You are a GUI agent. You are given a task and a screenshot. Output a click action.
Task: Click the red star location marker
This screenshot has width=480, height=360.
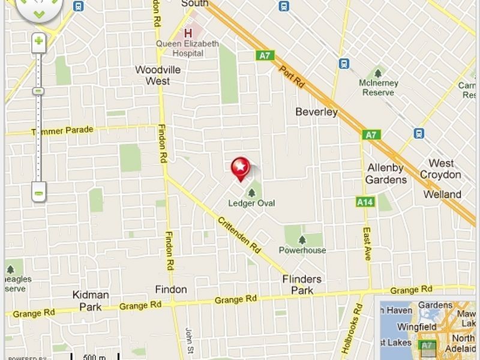[x=240, y=166]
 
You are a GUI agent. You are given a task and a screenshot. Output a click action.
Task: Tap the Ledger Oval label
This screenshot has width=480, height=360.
[x=251, y=203]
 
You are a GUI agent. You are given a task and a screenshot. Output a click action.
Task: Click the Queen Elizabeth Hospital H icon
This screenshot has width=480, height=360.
[x=189, y=33]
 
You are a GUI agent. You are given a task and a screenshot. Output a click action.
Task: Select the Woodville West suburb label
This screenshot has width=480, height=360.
[x=158, y=75]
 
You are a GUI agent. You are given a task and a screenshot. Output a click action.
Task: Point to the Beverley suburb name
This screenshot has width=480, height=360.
[x=316, y=112]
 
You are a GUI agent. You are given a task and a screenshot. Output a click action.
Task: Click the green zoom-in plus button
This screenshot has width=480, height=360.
[x=38, y=41]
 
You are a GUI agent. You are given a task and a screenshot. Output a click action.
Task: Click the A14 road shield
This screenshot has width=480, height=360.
[x=365, y=202]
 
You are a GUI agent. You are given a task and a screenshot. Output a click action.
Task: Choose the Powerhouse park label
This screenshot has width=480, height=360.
[x=302, y=250]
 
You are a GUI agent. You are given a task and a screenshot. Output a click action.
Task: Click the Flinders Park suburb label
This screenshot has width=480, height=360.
[x=302, y=284]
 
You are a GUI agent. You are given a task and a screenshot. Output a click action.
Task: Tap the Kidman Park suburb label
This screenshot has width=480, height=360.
[x=91, y=300]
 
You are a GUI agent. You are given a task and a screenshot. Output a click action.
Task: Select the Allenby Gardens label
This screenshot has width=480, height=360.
[x=386, y=173]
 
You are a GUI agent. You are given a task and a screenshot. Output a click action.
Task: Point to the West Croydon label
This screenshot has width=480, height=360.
[x=441, y=169]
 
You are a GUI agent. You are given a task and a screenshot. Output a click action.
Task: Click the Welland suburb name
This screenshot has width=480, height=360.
[x=442, y=194]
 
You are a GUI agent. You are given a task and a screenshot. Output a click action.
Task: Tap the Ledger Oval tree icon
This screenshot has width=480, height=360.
[x=251, y=193]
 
